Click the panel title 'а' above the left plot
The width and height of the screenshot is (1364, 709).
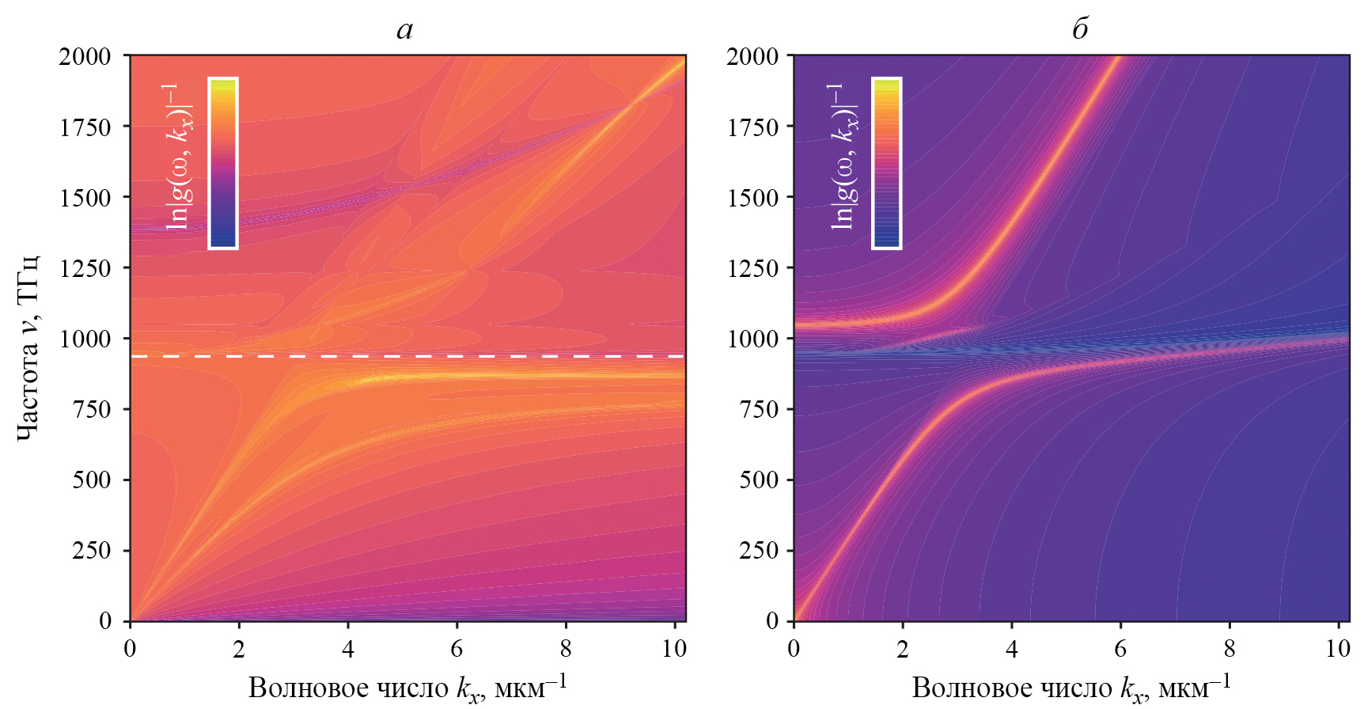click(x=404, y=30)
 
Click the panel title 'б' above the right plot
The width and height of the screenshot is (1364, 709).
click(x=1080, y=28)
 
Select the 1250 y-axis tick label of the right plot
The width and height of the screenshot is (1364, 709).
click(x=752, y=267)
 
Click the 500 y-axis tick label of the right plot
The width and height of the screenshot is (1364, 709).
click(x=759, y=480)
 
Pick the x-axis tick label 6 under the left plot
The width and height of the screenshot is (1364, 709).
click(x=457, y=649)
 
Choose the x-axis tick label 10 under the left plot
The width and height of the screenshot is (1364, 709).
click(x=674, y=649)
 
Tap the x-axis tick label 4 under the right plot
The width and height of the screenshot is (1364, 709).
click(x=1011, y=649)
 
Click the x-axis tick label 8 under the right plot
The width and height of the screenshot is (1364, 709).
click(x=1229, y=649)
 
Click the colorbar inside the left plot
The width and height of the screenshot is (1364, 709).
click(x=223, y=163)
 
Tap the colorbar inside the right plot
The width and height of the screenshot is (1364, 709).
click(x=886, y=163)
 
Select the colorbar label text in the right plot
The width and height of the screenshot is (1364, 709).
click(x=844, y=157)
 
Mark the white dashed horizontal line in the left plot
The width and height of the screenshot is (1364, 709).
click(x=407, y=357)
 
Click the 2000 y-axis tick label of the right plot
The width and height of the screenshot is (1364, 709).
click(x=752, y=56)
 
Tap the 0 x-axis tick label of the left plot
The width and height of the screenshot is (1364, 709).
click(x=130, y=649)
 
